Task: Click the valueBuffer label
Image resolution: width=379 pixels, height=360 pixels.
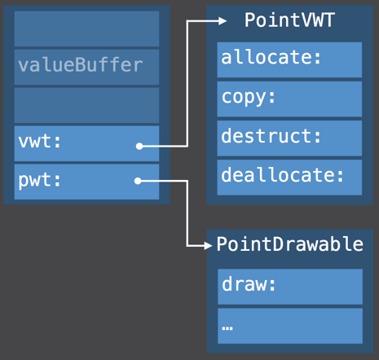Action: [x=81, y=65]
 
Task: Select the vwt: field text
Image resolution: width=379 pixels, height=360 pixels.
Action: [x=40, y=142]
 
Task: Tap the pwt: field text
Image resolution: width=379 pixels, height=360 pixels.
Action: [x=40, y=180]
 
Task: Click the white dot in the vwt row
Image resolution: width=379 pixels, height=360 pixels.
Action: [x=139, y=147]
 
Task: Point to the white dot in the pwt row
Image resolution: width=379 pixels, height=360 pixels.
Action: [x=138, y=181]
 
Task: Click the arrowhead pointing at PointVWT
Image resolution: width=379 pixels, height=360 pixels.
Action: [x=223, y=21]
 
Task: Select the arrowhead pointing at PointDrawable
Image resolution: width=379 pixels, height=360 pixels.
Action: [x=208, y=246]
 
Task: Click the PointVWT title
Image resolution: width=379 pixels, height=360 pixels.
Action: [x=289, y=20]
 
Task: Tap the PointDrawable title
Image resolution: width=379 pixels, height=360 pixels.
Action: [x=290, y=244]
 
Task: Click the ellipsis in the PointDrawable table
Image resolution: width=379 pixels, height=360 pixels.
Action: [x=227, y=328]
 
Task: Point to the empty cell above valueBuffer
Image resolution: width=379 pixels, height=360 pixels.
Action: [x=86, y=29]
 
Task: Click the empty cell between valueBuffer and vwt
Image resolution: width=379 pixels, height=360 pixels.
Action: [x=86, y=105]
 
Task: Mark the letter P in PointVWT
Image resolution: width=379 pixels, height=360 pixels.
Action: [x=250, y=20]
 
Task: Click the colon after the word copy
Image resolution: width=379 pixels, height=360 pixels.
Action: [x=271, y=97]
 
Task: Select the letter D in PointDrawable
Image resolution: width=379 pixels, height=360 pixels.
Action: [x=278, y=244]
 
